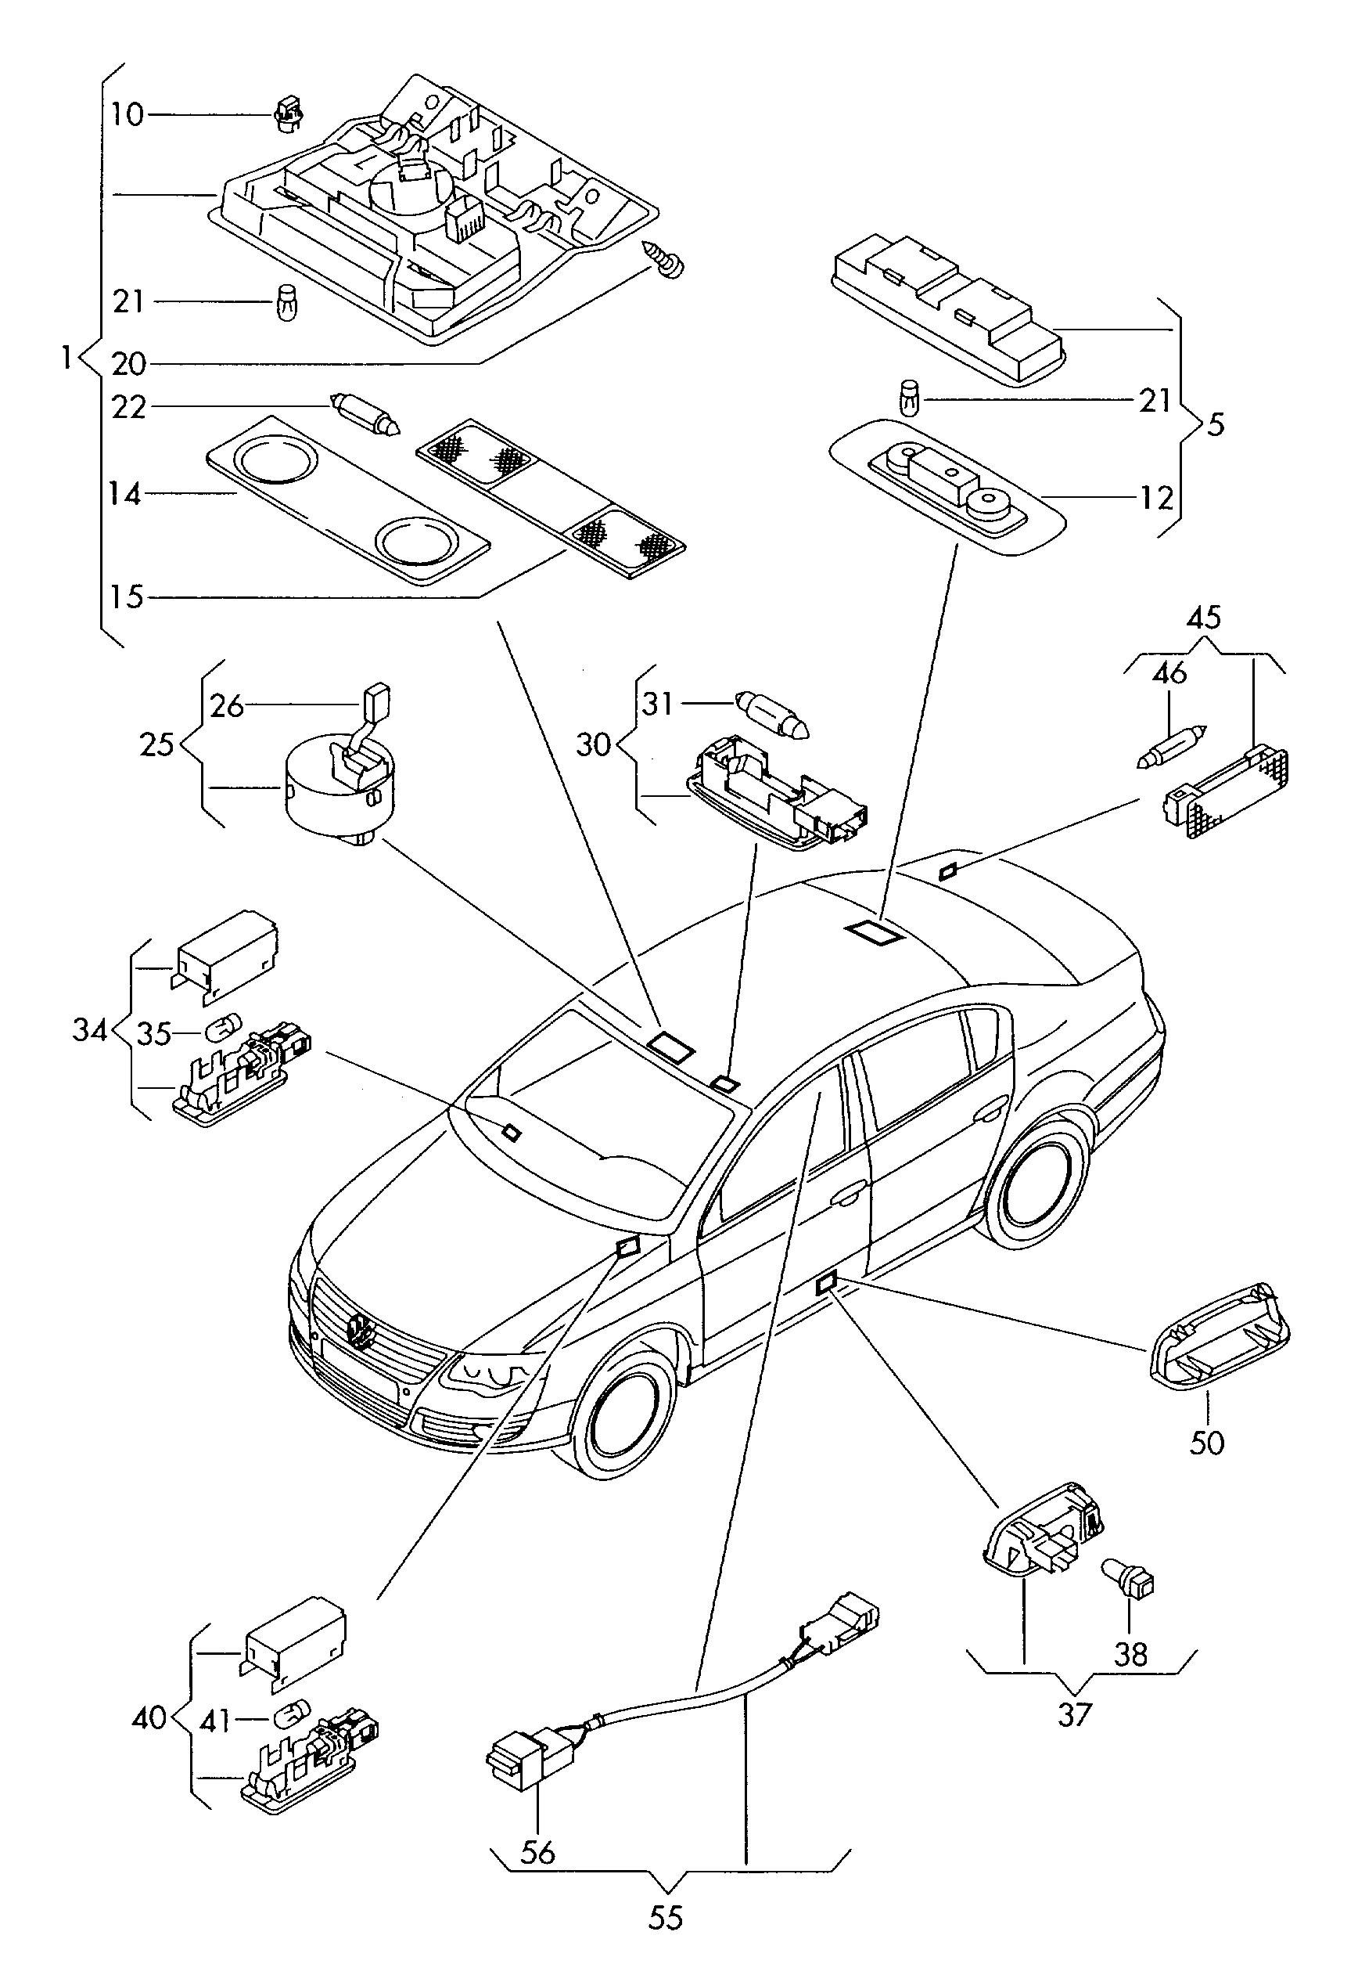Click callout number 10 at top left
pyautogui.click(x=128, y=114)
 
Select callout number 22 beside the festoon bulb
pyautogui.click(x=129, y=408)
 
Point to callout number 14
pyautogui.click(x=125, y=494)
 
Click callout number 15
pyautogui.click(x=127, y=596)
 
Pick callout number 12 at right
pyautogui.click(x=1156, y=498)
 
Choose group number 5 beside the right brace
pyautogui.click(x=1216, y=424)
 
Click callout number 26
pyautogui.click(x=227, y=706)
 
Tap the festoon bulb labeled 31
pyautogui.click(x=774, y=715)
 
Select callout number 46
pyautogui.click(x=1169, y=673)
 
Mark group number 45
pyautogui.click(x=1204, y=617)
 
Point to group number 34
pyautogui.click(x=90, y=1030)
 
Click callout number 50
pyautogui.click(x=1206, y=1443)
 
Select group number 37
pyautogui.click(x=1075, y=1714)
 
